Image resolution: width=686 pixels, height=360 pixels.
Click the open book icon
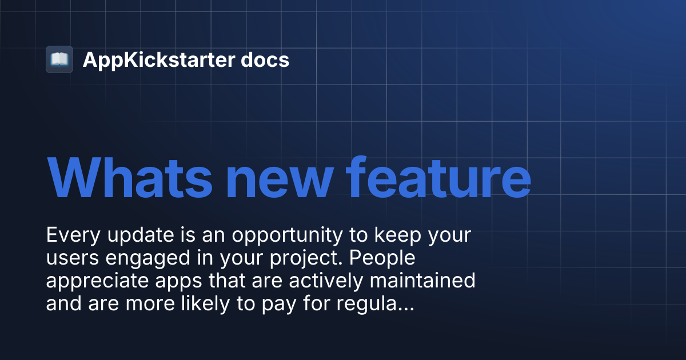click(x=59, y=59)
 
